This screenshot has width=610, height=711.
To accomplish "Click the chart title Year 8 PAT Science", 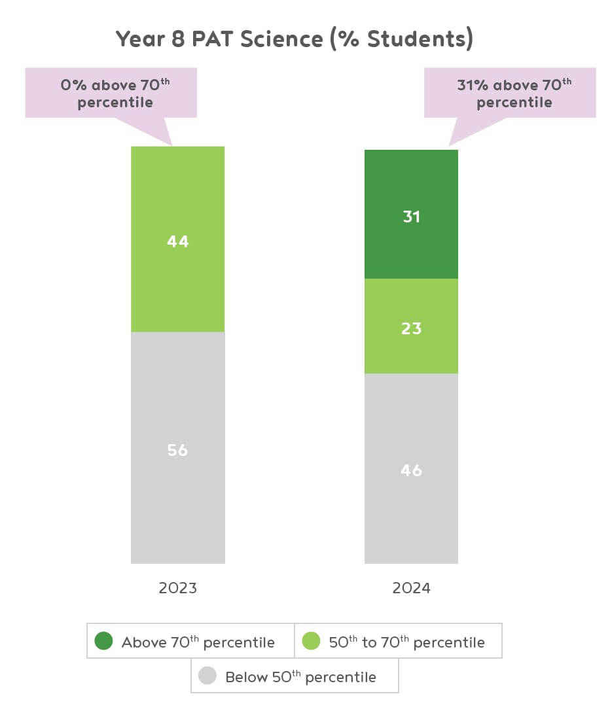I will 294,39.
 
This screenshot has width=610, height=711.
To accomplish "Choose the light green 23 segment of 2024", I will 411,347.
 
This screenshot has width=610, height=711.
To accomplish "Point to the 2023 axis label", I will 177,588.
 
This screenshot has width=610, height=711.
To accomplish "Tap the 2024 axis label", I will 411,588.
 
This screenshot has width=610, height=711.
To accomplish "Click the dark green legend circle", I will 104,641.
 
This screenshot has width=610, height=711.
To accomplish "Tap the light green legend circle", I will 312,641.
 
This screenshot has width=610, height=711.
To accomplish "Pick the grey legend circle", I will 207,676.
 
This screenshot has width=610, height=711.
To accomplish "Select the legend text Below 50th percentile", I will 300,676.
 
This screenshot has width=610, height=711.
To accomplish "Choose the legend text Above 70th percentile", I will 198,642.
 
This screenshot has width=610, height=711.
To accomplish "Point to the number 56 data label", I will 177,450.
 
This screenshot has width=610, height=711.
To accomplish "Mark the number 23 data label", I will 411,328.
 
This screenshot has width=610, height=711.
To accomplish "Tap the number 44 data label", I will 177,241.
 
